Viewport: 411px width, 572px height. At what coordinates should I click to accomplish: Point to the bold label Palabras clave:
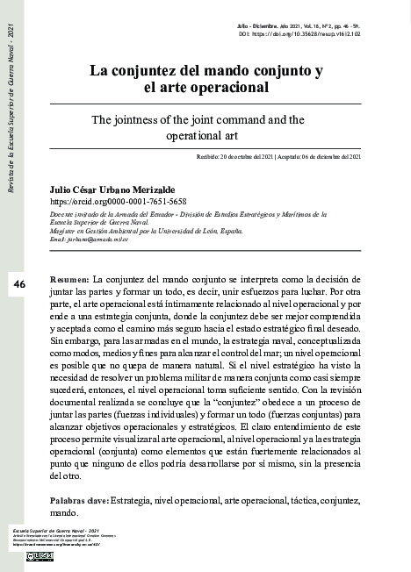pos(80,499)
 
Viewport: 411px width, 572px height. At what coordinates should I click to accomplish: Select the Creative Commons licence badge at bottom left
pos(40,555)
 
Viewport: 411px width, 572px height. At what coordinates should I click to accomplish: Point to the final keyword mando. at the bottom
pos(65,511)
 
